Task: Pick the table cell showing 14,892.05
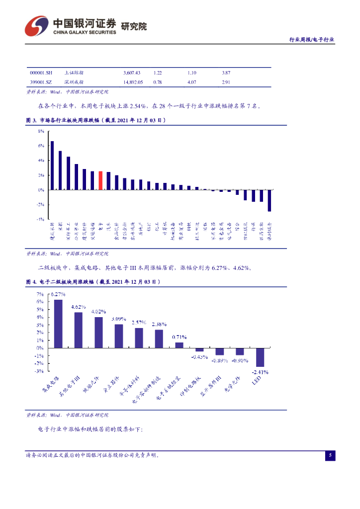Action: [x=133, y=82]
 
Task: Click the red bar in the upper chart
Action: [x=100, y=180]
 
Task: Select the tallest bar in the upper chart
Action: [x=52, y=165]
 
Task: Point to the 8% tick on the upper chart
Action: [x=41, y=131]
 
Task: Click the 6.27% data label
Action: [x=58, y=294]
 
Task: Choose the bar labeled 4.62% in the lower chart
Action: [x=79, y=330]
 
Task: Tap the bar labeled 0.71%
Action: [x=180, y=345]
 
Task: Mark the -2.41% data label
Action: [x=260, y=372]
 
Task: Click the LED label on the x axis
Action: [x=257, y=380]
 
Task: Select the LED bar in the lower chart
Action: [x=260, y=357]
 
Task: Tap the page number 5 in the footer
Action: [x=331, y=455]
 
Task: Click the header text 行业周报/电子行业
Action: [x=312, y=40]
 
